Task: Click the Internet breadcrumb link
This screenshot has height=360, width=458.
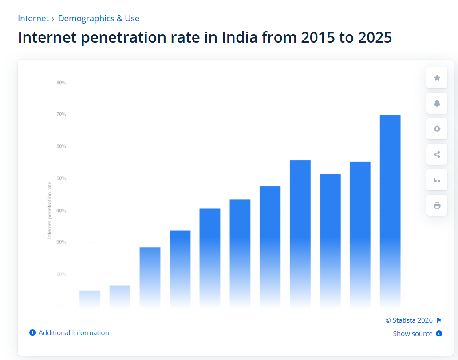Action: [x=33, y=19]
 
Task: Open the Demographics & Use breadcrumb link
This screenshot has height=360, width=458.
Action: [x=99, y=19]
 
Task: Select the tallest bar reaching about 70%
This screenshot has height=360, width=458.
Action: [x=390, y=211]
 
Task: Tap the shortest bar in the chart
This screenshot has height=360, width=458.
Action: [x=90, y=298]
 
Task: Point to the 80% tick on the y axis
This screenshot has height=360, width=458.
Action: [x=61, y=83]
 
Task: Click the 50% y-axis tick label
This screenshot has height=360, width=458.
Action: [x=61, y=178]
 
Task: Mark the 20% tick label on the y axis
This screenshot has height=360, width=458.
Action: [x=61, y=274]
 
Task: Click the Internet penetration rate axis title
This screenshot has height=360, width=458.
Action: [x=50, y=210]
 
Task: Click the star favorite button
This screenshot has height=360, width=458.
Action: [x=437, y=78]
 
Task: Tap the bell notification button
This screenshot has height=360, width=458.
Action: [x=437, y=103]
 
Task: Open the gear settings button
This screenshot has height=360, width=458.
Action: [x=437, y=129]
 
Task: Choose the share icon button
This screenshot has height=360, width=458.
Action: [x=437, y=154]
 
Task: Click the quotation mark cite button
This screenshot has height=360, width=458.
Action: [x=437, y=180]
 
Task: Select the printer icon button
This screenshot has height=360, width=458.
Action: [x=437, y=206]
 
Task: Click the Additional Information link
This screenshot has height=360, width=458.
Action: [x=74, y=333]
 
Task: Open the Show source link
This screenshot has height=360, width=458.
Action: [x=413, y=334]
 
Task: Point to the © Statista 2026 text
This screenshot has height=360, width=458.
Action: [x=409, y=320]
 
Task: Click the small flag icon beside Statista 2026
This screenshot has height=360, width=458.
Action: [x=439, y=320]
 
